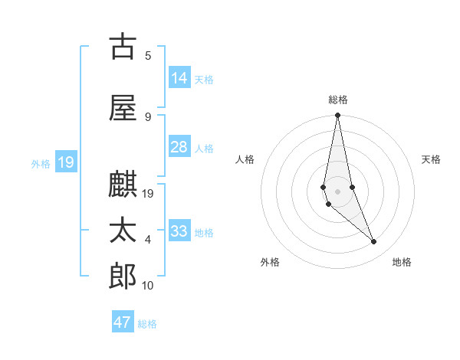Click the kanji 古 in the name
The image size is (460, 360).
click(x=123, y=47)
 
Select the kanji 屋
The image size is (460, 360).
click(x=123, y=107)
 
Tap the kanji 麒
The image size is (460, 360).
click(x=123, y=184)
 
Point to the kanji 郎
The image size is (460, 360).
click(x=123, y=277)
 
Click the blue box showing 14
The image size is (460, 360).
click(x=179, y=78)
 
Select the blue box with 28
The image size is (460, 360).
click(x=179, y=147)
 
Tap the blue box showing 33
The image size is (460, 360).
click(x=179, y=231)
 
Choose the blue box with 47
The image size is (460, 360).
click(x=123, y=322)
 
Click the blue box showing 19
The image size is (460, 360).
click(x=66, y=162)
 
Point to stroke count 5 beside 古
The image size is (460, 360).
click(x=148, y=55)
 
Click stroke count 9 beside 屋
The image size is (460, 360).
click(x=148, y=117)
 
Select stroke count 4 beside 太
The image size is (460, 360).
click(x=148, y=240)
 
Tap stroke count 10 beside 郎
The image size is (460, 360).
click(x=148, y=286)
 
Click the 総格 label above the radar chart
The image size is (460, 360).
click(x=337, y=100)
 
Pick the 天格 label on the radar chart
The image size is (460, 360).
click(x=431, y=159)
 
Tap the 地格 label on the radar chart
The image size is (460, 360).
click(x=402, y=262)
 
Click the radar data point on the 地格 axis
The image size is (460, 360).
click(x=374, y=242)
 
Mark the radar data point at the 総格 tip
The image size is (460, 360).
click(x=337, y=116)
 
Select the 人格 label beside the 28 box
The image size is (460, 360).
click(x=204, y=149)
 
